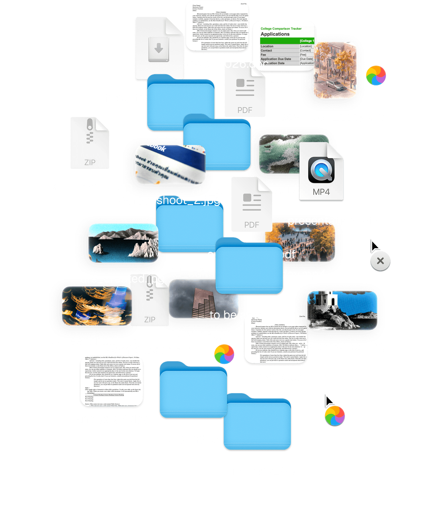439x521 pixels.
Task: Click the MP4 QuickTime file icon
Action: [321, 172]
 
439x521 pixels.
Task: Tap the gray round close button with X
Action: [380, 261]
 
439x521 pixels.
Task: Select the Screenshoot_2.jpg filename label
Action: [169, 201]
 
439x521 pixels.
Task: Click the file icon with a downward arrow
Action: [159, 48]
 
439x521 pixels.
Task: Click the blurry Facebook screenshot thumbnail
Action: [170, 164]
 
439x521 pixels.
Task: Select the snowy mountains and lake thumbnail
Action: [123, 243]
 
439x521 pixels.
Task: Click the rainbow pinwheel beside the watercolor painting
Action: [376, 75]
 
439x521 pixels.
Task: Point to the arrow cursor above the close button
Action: [374, 245]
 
